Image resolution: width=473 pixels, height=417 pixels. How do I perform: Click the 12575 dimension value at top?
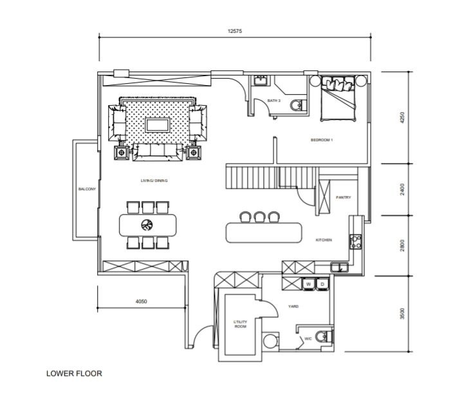tap(235, 31)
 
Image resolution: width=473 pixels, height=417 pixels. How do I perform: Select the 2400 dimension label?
tap(402, 189)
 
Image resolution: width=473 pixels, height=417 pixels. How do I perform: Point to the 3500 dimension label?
tap(402, 314)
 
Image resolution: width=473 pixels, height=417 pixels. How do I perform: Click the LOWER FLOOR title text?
tap(74, 373)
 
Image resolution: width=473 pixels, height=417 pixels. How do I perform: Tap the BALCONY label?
tap(87, 189)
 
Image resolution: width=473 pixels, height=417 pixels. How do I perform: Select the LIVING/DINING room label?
tap(154, 180)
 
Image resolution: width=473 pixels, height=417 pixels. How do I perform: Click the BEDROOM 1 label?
tap(322, 140)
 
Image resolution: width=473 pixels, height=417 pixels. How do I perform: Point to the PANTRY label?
tap(343, 197)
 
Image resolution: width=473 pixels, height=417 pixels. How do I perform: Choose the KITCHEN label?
tap(323, 240)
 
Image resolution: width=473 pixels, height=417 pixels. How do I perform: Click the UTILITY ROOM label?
tap(240, 324)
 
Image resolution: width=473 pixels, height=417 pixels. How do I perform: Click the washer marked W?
tap(308, 284)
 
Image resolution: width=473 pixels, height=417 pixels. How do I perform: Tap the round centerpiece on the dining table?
tap(147, 225)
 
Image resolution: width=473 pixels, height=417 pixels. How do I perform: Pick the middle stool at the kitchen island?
tap(259, 217)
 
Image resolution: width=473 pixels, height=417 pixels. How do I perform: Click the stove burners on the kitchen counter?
tap(355, 242)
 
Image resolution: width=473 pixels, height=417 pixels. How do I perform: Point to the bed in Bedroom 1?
tap(339, 100)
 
